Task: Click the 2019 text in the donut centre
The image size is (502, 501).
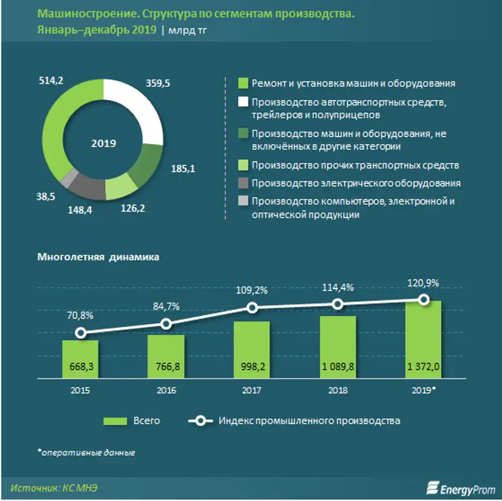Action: tap(104, 143)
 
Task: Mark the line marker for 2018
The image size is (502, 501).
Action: tap(338, 304)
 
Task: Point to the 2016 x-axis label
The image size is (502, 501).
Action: tap(166, 390)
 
